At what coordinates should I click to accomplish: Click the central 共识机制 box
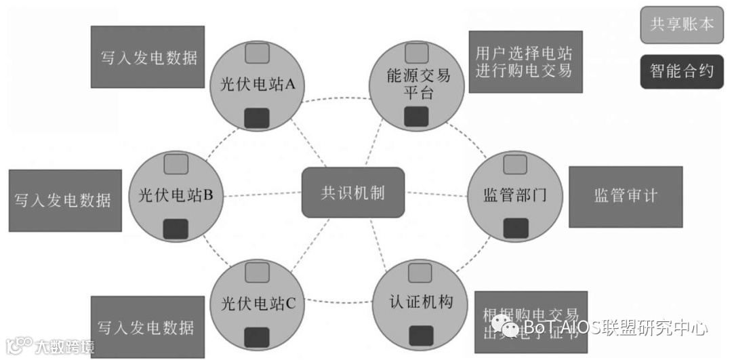click(352, 193)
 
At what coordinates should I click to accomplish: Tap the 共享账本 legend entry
click(682, 24)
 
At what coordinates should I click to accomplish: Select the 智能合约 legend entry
click(682, 71)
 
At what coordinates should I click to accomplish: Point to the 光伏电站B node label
click(176, 196)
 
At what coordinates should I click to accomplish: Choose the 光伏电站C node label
click(258, 303)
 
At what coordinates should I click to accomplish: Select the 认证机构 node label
click(421, 302)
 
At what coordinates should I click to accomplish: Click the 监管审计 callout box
click(625, 196)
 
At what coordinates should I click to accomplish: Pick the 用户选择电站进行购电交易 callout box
click(524, 62)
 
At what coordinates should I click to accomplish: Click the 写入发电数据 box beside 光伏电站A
click(148, 57)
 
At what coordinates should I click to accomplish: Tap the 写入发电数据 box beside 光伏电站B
click(65, 200)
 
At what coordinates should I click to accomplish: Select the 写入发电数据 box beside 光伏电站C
click(146, 327)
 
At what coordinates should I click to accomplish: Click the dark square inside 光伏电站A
click(257, 118)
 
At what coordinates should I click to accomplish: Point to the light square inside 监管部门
click(515, 164)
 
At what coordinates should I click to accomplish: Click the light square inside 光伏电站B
click(176, 163)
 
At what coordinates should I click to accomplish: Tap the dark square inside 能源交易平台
click(416, 117)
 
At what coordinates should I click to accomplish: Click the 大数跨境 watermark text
click(65, 346)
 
